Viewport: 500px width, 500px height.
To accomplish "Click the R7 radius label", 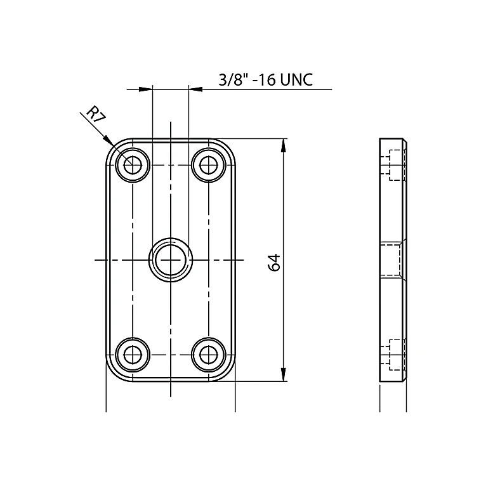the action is (95, 114).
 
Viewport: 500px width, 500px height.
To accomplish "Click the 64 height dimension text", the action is (274, 263).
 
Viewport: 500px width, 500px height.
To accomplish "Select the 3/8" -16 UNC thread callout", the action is (266, 79).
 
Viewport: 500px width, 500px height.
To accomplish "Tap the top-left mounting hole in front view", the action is (133, 165).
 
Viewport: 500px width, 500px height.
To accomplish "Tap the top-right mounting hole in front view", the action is (209, 165).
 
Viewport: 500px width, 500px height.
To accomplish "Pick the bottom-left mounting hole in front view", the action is (133, 355).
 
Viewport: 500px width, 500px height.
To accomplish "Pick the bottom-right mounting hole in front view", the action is (209, 355).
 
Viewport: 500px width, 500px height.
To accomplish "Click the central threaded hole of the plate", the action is (171, 260).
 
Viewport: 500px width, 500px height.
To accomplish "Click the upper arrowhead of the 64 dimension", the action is (283, 146).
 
